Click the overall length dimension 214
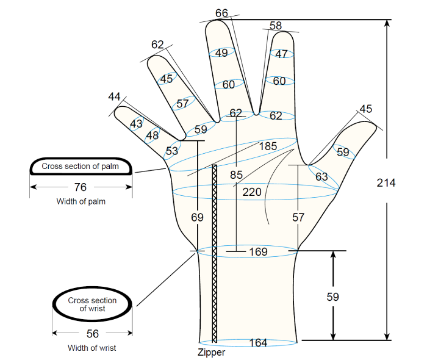coord(386,182)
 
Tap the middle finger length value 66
coord(221,13)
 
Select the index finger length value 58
coord(276,26)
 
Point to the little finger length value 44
coord(115,96)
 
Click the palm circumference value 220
coord(252,192)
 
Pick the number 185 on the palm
coord(268,146)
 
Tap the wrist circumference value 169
coord(258,251)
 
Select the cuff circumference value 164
coord(258,342)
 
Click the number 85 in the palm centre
coord(236,175)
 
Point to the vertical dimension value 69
coord(197,217)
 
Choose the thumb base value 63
coord(321,177)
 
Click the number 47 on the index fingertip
coord(281,54)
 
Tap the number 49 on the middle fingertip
coord(221,53)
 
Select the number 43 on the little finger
coord(136,124)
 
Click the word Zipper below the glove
coord(211,353)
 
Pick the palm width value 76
coord(81,187)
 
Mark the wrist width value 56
coord(93,334)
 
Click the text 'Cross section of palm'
coord(80,166)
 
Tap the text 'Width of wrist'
coord(91,348)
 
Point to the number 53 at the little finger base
coord(172,151)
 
